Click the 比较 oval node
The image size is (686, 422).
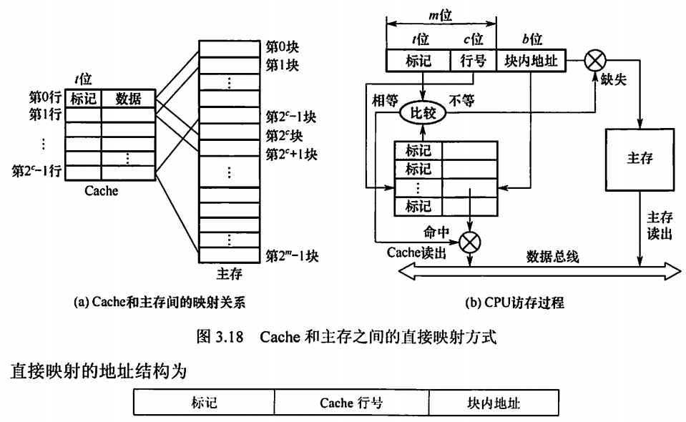click(x=423, y=112)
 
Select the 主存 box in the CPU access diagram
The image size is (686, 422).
click(x=640, y=159)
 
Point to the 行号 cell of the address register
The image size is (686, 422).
click(x=472, y=62)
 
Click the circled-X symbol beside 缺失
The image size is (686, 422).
click(x=594, y=62)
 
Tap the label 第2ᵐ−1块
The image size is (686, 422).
click(x=291, y=255)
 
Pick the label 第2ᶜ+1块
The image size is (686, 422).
click(x=291, y=154)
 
